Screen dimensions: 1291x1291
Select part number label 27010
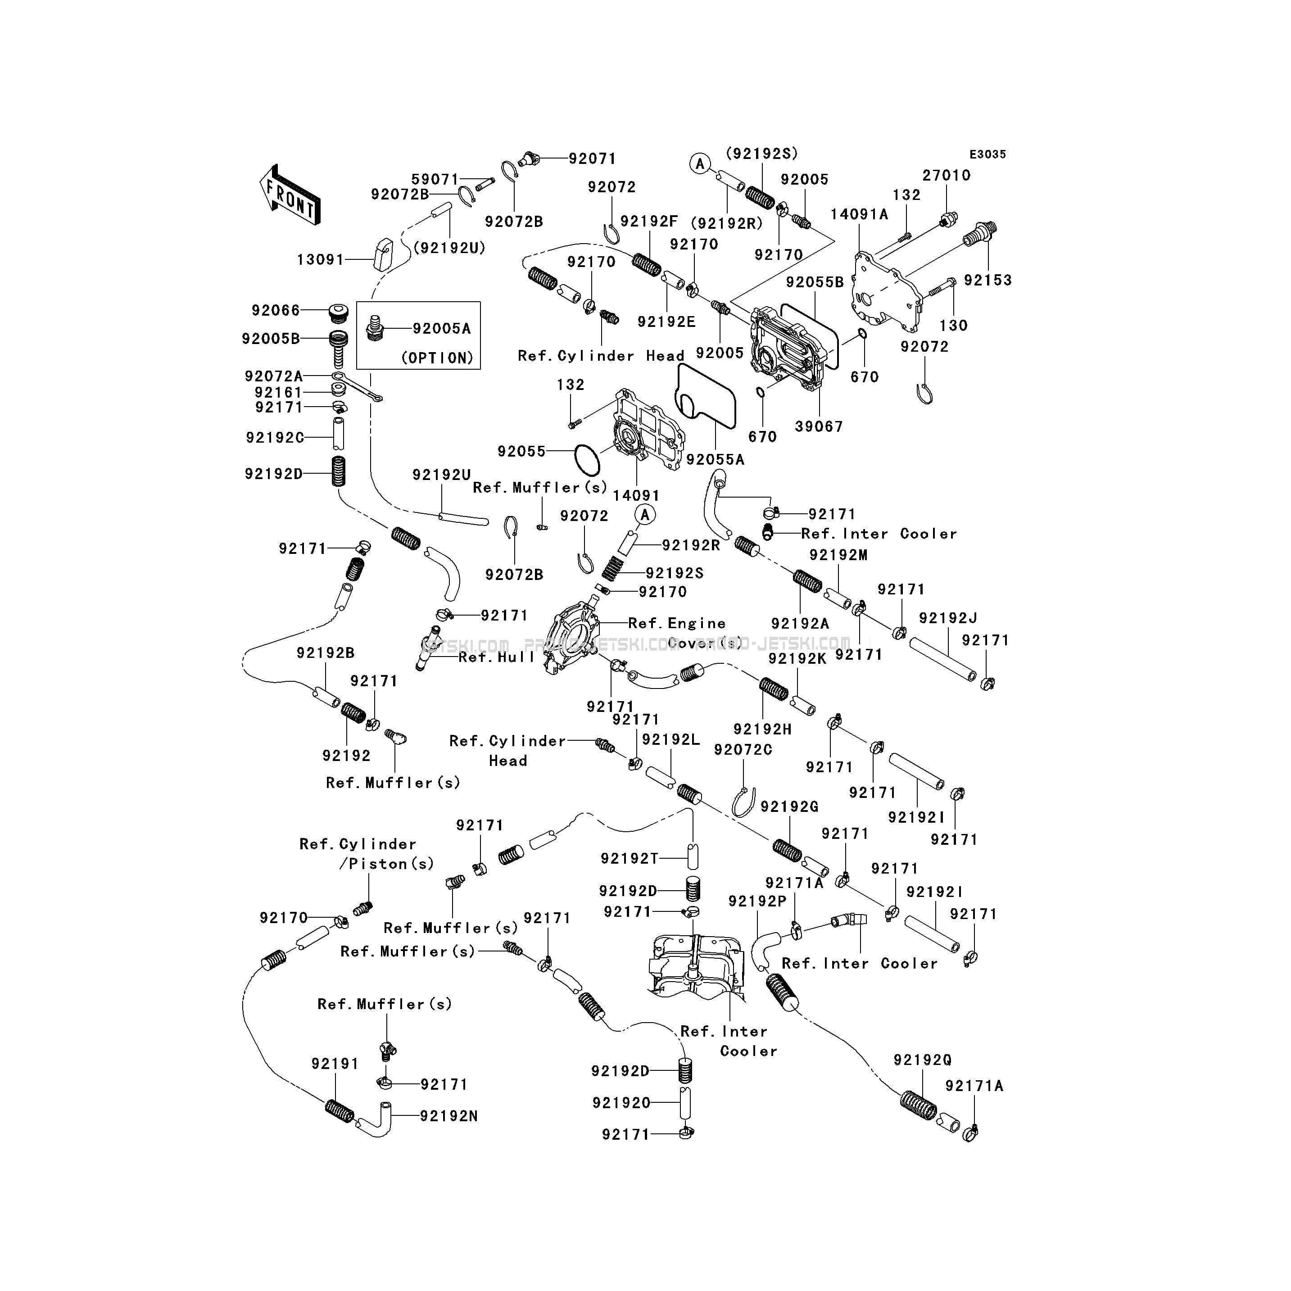coord(946,175)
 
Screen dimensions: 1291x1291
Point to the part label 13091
coord(321,259)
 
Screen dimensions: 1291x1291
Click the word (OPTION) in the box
coord(437,358)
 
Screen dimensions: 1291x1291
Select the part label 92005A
coord(442,329)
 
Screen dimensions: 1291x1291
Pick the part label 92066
coord(276,310)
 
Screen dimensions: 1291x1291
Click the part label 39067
coord(819,426)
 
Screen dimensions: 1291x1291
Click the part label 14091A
coord(859,214)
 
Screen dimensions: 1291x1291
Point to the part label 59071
coord(435,179)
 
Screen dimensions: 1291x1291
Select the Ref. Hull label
coord(497,657)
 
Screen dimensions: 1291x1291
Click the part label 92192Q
coord(923,1060)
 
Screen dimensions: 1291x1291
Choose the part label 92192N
coord(449,1116)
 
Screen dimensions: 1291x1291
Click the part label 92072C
coord(743,750)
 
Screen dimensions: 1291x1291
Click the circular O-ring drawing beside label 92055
coord(587,458)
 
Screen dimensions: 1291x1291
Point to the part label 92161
coord(279,392)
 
